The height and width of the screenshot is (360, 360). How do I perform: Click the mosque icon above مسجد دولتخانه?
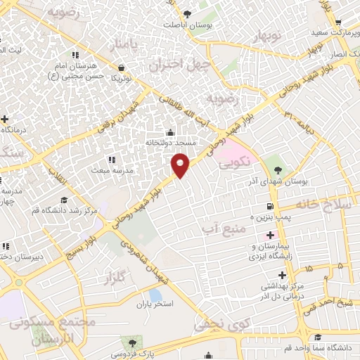[169, 132]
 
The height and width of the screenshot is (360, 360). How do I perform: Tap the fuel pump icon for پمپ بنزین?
[269, 206]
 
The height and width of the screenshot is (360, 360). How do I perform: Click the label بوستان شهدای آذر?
[280, 181]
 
